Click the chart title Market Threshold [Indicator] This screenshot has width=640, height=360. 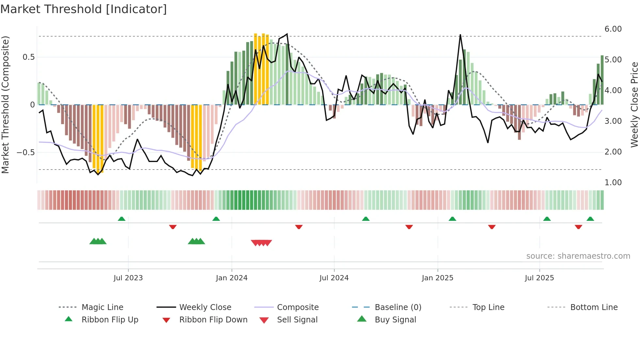click(x=84, y=9)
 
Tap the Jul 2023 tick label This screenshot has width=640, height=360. click(x=128, y=278)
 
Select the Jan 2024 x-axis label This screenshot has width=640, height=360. click(x=232, y=278)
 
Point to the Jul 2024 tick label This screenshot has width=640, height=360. click(x=334, y=278)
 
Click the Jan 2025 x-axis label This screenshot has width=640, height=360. click(x=437, y=278)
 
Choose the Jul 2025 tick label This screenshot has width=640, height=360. click(x=539, y=278)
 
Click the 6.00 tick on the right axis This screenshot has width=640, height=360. click(x=613, y=29)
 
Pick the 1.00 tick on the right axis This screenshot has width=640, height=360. click(x=613, y=183)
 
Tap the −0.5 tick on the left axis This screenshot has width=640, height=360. click(x=25, y=153)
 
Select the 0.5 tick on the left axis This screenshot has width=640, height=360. click(x=28, y=57)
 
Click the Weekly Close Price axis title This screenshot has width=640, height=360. click(x=634, y=105)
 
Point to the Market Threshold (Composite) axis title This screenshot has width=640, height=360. click(x=5, y=105)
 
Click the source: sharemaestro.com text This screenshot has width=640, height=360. click(x=578, y=256)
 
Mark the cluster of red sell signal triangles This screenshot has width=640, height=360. click(x=261, y=243)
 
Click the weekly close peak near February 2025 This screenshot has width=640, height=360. click(x=460, y=35)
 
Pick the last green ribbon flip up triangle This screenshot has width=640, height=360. click(x=590, y=219)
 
